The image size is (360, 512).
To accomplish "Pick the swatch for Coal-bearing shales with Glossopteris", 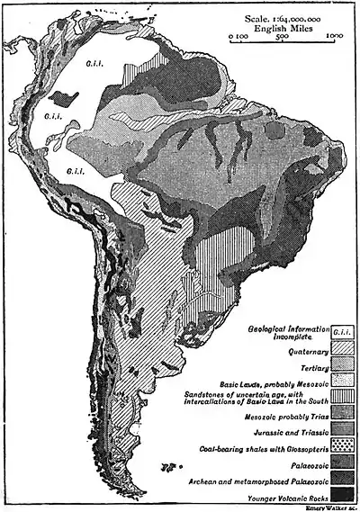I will pyautogui.click(x=341, y=447).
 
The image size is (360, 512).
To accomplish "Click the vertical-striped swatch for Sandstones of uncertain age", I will pyautogui.click(x=341, y=396).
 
